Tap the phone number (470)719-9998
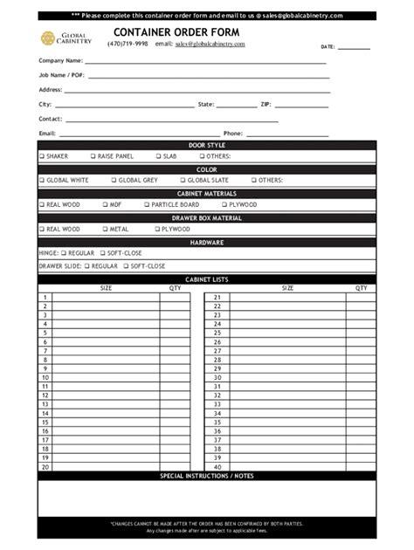[128, 44]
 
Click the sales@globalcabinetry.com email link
[210, 44]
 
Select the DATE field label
[328, 46]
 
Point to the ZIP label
[266, 104]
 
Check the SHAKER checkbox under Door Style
[42, 156]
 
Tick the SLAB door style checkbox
[159, 156]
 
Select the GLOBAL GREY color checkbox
[114, 181]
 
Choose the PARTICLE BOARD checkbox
[147, 204]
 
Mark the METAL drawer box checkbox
[104, 229]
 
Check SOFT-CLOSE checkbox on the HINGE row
[102, 253]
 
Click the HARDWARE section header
[207, 243]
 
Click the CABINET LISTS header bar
[207, 279]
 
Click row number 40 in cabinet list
[217, 466]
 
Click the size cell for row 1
[106, 297]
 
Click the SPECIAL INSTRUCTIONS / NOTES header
[207, 476]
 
